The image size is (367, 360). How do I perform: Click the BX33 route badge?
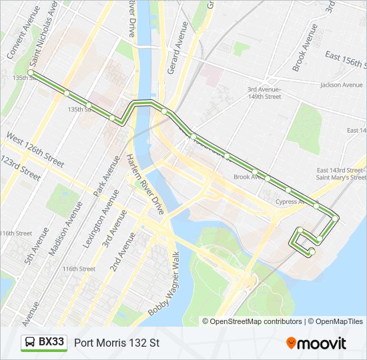click(44, 343)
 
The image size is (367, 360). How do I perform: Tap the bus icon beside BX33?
click(30, 343)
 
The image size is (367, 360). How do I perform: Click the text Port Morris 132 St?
click(117, 343)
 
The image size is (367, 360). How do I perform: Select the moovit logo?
click(316, 343)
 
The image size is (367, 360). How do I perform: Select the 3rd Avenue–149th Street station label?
click(264, 93)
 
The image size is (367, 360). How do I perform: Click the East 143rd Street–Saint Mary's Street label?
click(341, 173)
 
